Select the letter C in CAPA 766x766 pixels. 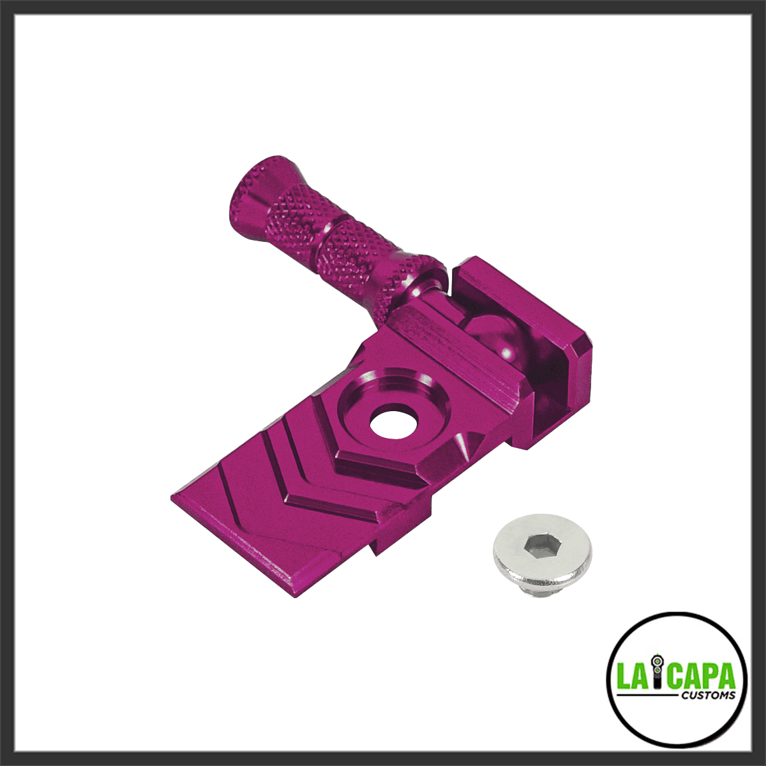click(x=674, y=675)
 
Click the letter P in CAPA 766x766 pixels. click(x=712, y=675)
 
